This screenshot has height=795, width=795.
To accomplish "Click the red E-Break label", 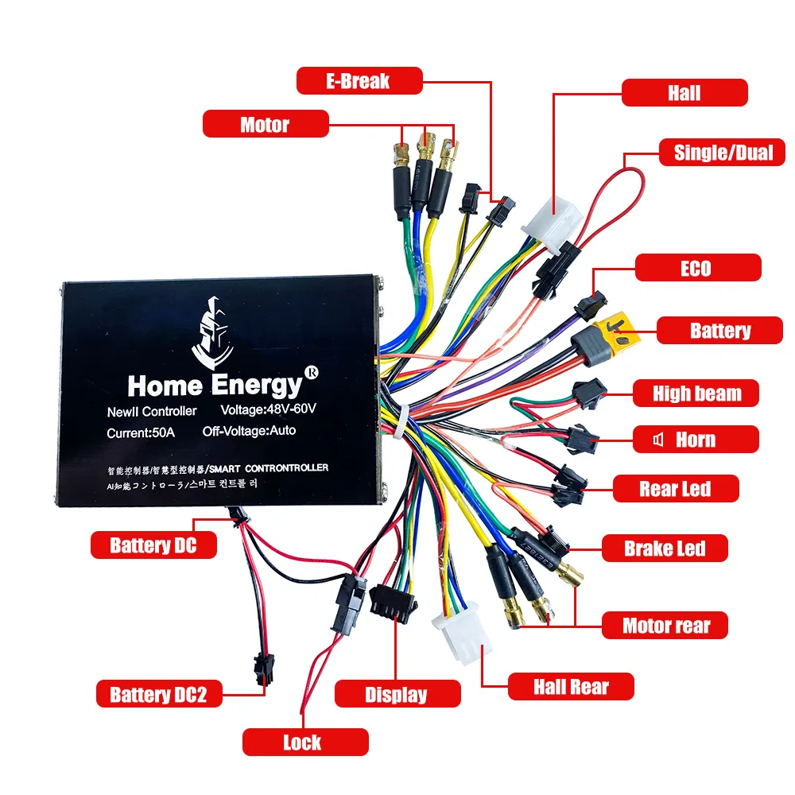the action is [359, 80].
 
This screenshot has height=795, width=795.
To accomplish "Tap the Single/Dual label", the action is [722, 152].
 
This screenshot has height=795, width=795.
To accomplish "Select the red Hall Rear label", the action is [571, 687].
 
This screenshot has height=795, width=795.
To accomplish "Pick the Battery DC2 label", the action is [159, 693].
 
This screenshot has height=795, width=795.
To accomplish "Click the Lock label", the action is [305, 743].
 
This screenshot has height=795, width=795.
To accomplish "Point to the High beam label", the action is [696, 393].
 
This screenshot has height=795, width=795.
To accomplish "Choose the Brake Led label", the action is [665, 548].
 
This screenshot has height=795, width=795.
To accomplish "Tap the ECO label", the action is [698, 267].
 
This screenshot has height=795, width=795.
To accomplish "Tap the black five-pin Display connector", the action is [393, 603].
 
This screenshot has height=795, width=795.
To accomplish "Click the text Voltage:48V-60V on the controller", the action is [268, 409].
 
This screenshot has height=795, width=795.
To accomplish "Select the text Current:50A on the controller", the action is [141, 433].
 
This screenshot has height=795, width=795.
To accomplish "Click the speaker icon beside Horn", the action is [658, 439].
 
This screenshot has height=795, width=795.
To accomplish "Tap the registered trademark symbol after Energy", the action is [312, 373].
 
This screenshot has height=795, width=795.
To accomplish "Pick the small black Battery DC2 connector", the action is [264, 669].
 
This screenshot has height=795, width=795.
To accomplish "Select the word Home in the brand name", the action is [165, 386].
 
